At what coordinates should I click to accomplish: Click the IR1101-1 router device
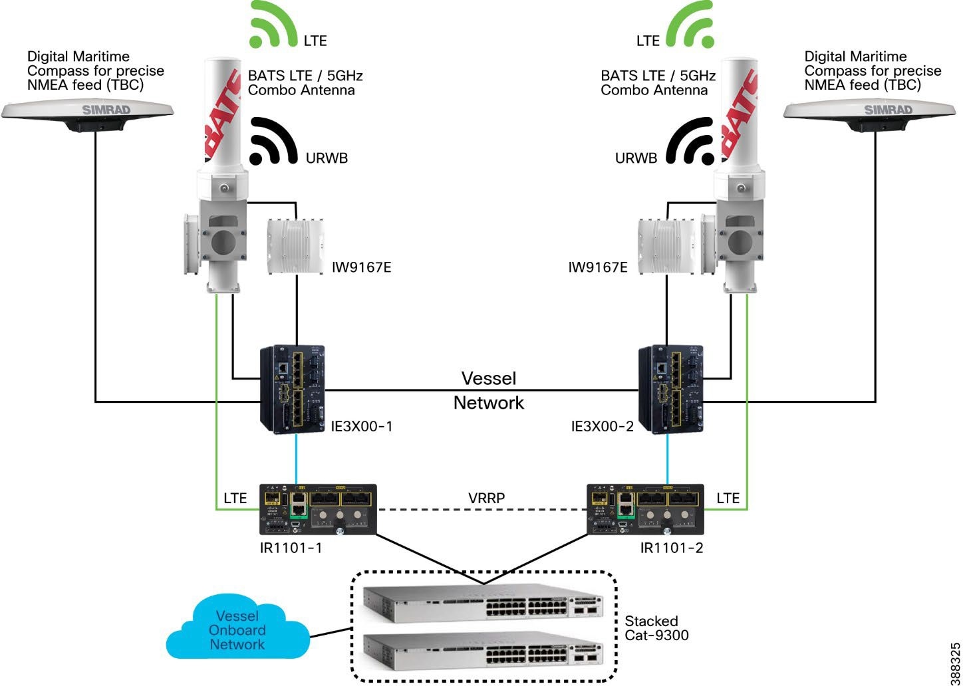[318, 509]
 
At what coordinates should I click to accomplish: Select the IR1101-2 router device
[645, 509]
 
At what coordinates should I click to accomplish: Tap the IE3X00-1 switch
[292, 390]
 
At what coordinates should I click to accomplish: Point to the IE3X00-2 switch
[670, 390]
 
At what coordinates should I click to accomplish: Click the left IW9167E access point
[295, 246]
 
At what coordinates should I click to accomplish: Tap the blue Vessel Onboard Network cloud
[237, 630]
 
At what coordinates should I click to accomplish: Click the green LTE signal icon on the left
[273, 25]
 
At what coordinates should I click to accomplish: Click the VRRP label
[486, 498]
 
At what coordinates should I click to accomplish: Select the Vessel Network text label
[489, 390]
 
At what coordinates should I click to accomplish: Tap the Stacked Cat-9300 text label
[656, 628]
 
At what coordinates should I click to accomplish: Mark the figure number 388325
[955, 663]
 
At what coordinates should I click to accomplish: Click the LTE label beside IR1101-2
[728, 498]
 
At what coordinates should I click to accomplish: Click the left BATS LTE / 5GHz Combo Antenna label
[305, 83]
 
